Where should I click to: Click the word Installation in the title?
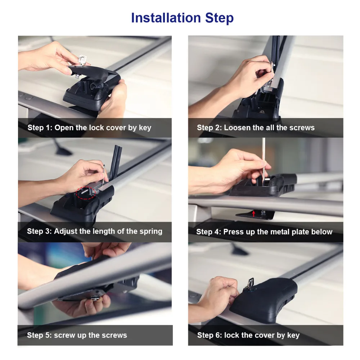(166, 18)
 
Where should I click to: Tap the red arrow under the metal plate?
(253, 214)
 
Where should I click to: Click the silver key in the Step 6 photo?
(249, 284)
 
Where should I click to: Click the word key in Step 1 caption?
(145, 128)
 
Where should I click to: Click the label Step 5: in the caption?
(40, 335)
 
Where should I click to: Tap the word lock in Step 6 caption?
(231, 335)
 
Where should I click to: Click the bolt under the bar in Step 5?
(95, 298)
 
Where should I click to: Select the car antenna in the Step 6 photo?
(238, 249)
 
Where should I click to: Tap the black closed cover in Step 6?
(264, 298)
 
